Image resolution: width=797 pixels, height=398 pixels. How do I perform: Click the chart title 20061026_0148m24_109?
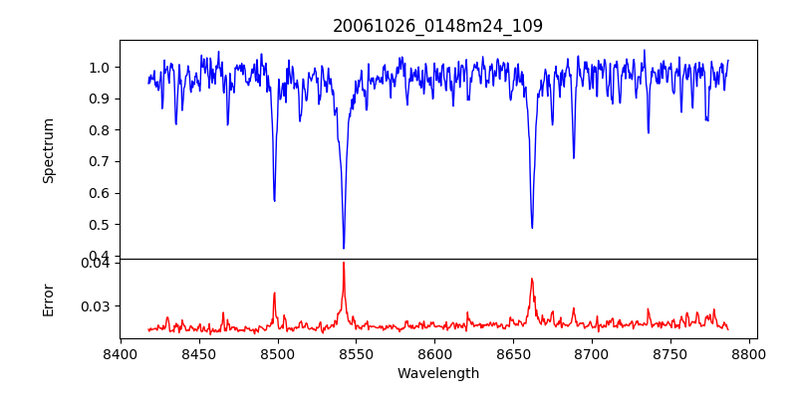tap(437, 26)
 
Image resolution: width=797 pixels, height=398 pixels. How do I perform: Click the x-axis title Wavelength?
tap(437, 373)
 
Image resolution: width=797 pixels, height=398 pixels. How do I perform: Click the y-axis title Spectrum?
tap(49, 150)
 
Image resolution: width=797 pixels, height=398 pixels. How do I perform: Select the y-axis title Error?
tap(49, 299)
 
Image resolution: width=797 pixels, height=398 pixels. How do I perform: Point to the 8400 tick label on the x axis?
tap(121, 353)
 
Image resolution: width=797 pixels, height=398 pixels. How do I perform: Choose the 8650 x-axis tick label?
tap(514, 353)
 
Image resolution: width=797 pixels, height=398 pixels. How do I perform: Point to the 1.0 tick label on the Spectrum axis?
tap(101, 68)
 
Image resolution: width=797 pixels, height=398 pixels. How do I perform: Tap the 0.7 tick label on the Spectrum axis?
tap(101, 161)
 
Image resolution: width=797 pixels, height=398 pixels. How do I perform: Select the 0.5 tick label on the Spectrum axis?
tap(101, 225)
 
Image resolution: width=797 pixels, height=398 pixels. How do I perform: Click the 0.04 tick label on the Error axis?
tap(97, 263)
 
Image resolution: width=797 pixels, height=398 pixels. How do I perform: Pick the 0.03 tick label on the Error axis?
tap(97, 306)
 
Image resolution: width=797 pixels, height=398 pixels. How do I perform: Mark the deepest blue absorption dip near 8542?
tap(344, 248)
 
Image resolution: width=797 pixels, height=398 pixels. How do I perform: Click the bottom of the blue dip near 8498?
tap(275, 201)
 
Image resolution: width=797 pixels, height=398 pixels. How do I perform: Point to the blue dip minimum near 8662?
tap(532, 228)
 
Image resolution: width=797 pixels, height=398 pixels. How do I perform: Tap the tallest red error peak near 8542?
tap(344, 263)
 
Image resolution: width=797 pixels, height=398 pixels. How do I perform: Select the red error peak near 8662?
tap(532, 279)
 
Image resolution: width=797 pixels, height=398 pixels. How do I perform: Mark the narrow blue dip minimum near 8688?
tap(573, 157)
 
